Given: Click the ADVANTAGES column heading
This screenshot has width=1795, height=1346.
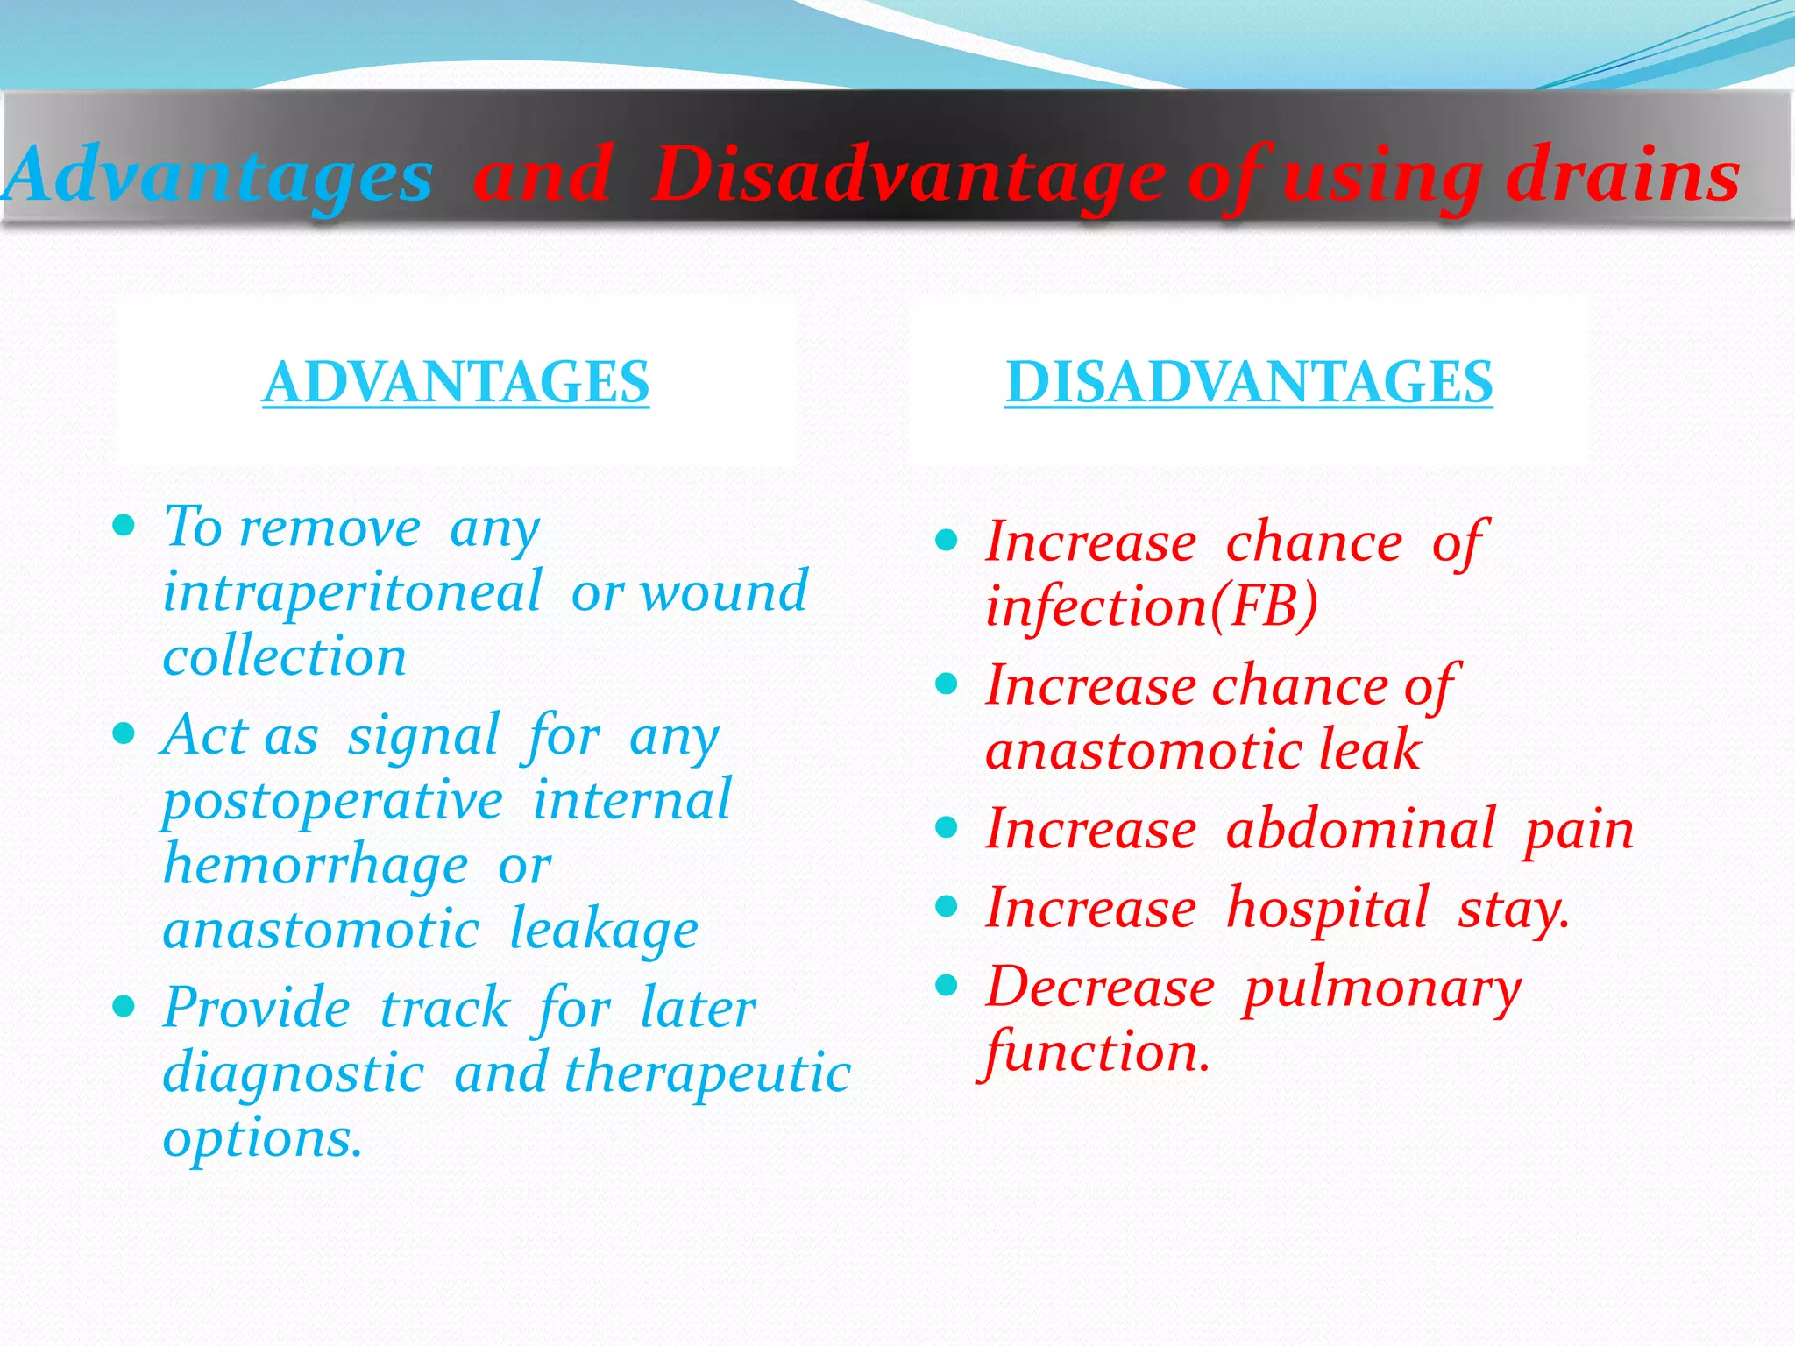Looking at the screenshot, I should click(x=456, y=382).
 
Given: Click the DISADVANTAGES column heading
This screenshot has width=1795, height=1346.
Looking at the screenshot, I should click(x=1248, y=382).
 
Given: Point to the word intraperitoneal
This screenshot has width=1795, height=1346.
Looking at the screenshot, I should click(x=352, y=592).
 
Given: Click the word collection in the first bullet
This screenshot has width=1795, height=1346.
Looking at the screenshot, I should click(x=285, y=656).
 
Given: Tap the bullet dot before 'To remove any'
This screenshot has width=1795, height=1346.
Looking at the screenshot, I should click(x=124, y=527).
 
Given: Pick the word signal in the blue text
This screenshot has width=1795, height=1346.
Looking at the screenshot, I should click(x=423, y=736).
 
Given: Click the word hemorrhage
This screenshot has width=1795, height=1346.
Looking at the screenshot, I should click(x=316, y=866).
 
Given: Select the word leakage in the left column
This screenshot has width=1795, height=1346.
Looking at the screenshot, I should click(x=604, y=931).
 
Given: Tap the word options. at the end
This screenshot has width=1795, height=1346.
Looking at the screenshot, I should click(x=262, y=1138).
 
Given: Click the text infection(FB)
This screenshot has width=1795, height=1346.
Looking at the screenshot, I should click(x=1151, y=606).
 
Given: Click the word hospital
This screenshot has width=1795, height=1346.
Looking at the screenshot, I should click(x=1327, y=908).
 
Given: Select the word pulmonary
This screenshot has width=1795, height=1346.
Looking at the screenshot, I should click(x=1382, y=988).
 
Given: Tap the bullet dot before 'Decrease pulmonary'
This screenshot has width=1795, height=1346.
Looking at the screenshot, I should click(x=946, y=987).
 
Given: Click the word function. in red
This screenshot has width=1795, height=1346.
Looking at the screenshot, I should click(x=1096, y=1052).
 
